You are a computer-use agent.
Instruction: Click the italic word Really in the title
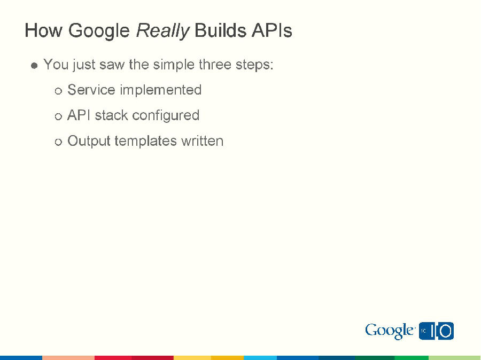point(162,31)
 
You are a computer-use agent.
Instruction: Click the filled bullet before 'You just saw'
point(34,66)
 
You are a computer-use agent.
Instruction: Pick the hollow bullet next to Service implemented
point(58,91)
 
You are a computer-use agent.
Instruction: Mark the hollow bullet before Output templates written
point(58,142)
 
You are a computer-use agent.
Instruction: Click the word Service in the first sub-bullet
point(91,90)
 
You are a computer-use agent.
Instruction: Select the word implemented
point(160,90)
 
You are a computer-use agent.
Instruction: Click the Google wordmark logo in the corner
point(390,331)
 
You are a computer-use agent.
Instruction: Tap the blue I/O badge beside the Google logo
point(437,331)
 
